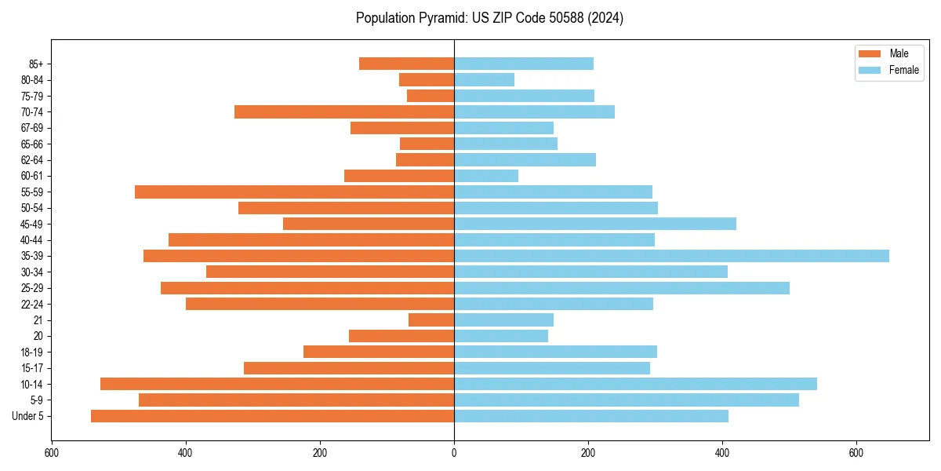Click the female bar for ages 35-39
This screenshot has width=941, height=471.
(671, 256)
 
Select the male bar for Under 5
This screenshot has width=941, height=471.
(272, 416)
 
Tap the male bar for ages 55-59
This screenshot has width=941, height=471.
(294, 192)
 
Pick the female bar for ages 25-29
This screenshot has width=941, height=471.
(622, 288)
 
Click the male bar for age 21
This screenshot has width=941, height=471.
(431, 320)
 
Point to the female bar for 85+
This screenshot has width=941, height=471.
(524, 64)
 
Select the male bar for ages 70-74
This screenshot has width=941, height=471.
(344, 111)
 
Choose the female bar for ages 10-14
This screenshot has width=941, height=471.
(635, 384)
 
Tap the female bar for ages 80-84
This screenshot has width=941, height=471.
(484, 79)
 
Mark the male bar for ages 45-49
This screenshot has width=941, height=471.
(369, 224)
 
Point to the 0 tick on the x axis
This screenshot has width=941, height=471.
(454, 453)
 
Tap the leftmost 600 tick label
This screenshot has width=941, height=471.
(52, 453)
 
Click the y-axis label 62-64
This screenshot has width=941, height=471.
(32, 160)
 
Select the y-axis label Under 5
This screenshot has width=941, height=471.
(28, 416)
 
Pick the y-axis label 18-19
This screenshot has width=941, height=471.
(32, 352)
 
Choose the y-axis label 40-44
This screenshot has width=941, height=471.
(32, 240)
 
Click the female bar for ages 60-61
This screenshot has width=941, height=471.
(486, 176)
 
